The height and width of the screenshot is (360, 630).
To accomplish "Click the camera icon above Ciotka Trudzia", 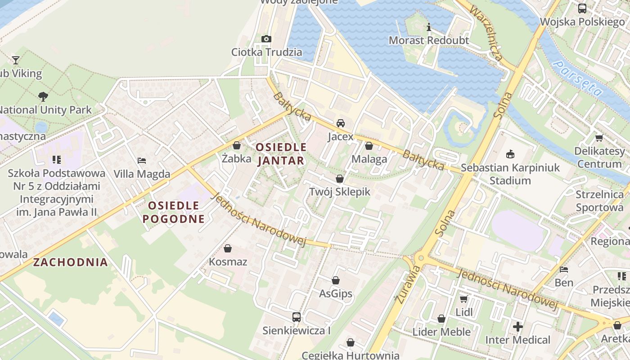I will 266,39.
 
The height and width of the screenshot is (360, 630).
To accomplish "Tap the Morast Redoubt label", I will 428,40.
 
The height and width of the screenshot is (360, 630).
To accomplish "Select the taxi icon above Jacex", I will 341,123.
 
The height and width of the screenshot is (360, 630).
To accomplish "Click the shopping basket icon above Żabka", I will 237,145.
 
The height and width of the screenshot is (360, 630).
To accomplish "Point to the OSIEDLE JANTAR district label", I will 281,154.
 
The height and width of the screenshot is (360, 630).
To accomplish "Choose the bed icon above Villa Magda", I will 142,161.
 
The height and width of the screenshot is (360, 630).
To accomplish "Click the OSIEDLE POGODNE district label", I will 173,212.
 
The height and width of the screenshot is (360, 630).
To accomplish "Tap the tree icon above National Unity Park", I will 43,96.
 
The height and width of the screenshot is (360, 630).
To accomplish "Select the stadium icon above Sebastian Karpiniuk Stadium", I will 510,154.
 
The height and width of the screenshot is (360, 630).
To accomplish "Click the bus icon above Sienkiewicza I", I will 296,317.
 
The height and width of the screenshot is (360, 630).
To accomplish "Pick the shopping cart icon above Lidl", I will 463,299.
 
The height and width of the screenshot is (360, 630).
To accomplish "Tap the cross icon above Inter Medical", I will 517,326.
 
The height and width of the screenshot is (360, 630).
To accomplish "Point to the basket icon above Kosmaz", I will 228,248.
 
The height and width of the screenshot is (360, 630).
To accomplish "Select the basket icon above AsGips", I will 335,281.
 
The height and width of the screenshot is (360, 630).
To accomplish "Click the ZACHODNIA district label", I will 71,262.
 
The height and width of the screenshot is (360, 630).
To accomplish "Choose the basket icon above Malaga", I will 369,146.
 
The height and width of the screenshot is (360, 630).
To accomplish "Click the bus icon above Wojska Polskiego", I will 582,8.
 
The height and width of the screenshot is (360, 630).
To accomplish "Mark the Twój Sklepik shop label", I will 340,192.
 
